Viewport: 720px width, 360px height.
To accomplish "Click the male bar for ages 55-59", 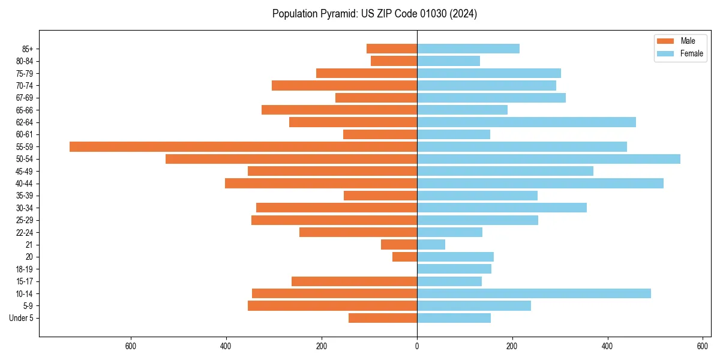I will (x=243, y=146).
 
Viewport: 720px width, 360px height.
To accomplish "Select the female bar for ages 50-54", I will (x=548, y=159).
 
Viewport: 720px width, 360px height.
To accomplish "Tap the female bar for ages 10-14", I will (x=534, y=293).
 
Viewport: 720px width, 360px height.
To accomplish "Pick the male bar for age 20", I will (x=404, y=257).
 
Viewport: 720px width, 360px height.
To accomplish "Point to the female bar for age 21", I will (x=431, y=244).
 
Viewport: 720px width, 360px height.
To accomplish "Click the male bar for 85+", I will (x=392, y=49).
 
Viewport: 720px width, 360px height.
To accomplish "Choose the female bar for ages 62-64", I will (x=526, y=122).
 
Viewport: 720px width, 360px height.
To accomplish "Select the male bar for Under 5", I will (x=383, y=318).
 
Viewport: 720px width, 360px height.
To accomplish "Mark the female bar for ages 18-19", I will (x=454, y=269).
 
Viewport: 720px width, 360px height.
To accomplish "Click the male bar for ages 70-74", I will (x=344, y=85).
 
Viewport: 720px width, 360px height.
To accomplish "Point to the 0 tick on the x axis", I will (x=417, y=346).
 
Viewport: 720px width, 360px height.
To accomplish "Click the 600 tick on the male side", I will (x=131, y=346).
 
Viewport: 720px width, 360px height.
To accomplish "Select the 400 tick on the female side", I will (x=608, y=346).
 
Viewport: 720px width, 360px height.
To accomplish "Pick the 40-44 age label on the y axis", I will (x=25, y=184).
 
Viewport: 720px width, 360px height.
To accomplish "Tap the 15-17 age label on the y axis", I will (x=25, y=281).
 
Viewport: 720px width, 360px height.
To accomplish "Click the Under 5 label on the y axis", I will (x=21, y=318).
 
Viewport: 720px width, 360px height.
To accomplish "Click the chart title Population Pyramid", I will (x=374, y=14).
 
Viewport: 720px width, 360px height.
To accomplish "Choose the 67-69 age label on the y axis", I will (x=25, y=98).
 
